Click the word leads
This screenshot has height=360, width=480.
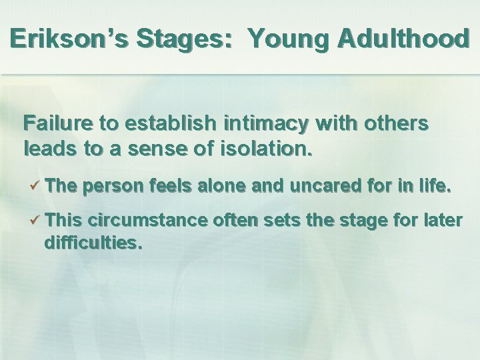point(44,147)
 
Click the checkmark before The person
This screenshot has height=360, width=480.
point(37,188)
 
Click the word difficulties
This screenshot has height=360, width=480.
point(93,244)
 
